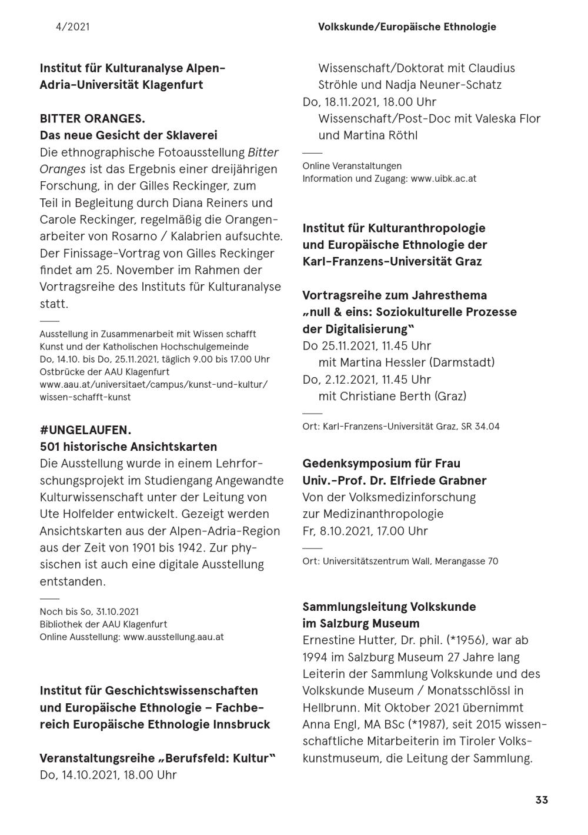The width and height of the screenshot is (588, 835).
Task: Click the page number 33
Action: click(x=542, y=800)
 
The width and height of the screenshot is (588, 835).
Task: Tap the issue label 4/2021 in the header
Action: click(x=73, y=26)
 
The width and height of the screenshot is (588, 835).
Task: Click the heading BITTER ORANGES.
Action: click(x=92, y=118)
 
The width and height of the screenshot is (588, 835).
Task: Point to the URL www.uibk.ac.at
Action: click(x=443, y=178)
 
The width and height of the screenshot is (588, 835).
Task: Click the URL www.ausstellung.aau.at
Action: click(x=173, y=637)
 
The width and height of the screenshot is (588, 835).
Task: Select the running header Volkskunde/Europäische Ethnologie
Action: click(x=407, y=26)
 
